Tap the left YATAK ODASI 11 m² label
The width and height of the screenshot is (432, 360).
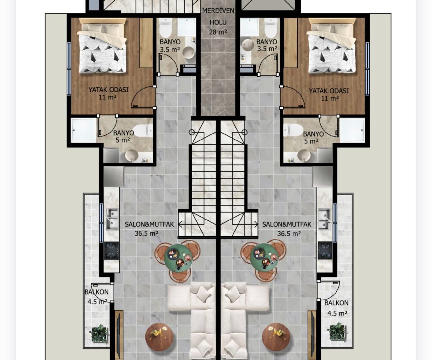coord(108,93)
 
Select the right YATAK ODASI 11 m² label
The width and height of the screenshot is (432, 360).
coord(329,94)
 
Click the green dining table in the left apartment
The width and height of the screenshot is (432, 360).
coord(179,257)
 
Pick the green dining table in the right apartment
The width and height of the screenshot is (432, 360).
coord(264,257)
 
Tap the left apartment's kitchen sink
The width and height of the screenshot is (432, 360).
coord(112,219)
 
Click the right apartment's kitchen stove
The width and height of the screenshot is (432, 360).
coord(325,251)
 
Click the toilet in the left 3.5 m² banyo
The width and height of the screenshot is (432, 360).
coord(165,28)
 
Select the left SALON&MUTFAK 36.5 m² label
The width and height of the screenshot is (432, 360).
coord(149,229)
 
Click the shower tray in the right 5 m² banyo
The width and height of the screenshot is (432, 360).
coord(352,130)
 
